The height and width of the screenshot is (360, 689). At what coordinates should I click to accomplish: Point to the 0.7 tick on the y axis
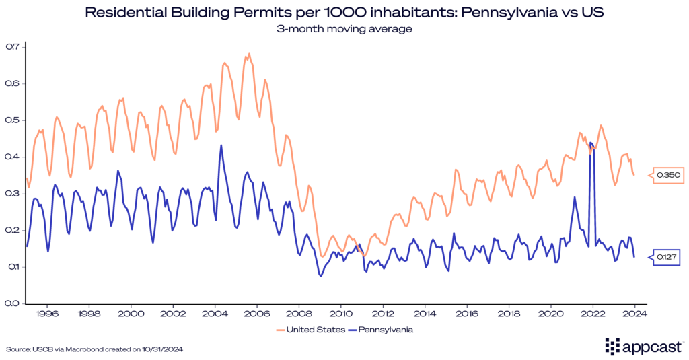13,46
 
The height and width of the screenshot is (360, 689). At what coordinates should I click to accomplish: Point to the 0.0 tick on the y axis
13,303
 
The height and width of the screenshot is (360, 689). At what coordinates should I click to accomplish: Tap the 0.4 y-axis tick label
13,157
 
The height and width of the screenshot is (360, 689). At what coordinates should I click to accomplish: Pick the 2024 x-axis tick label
635,314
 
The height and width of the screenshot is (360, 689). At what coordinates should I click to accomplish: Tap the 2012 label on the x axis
383,314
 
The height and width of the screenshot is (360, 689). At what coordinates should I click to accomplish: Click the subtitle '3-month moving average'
344,29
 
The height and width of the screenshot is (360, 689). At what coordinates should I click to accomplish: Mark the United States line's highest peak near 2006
249,54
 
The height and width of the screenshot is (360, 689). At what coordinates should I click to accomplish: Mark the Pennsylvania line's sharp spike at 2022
590,143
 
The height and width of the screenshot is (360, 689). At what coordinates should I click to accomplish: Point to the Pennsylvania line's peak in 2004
221,145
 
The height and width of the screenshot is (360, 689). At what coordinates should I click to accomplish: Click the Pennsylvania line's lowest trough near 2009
321,276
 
